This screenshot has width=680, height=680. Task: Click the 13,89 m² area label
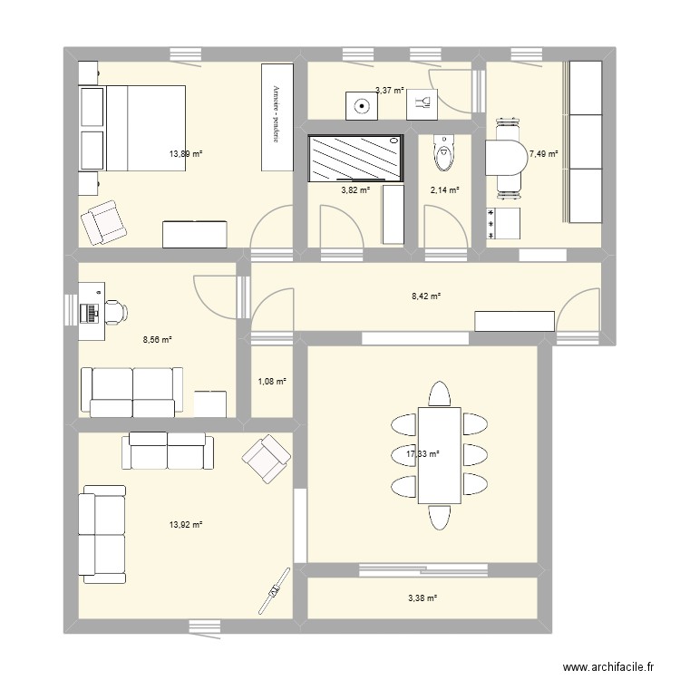pos(185,154)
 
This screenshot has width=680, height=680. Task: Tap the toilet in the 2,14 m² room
pos(442,152)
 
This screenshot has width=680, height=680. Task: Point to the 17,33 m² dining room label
pos(423,454)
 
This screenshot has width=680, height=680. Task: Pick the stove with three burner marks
pos(504,224)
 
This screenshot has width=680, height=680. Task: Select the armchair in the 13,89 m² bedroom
pos(102,221)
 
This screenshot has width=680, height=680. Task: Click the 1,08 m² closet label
pos(272,382)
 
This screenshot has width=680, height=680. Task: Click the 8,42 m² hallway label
pos(426,296)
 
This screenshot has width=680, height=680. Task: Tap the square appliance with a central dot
pos(363,105)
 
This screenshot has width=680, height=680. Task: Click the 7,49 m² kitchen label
pos(544,154)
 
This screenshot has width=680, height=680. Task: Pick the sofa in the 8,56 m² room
pos(131,392)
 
